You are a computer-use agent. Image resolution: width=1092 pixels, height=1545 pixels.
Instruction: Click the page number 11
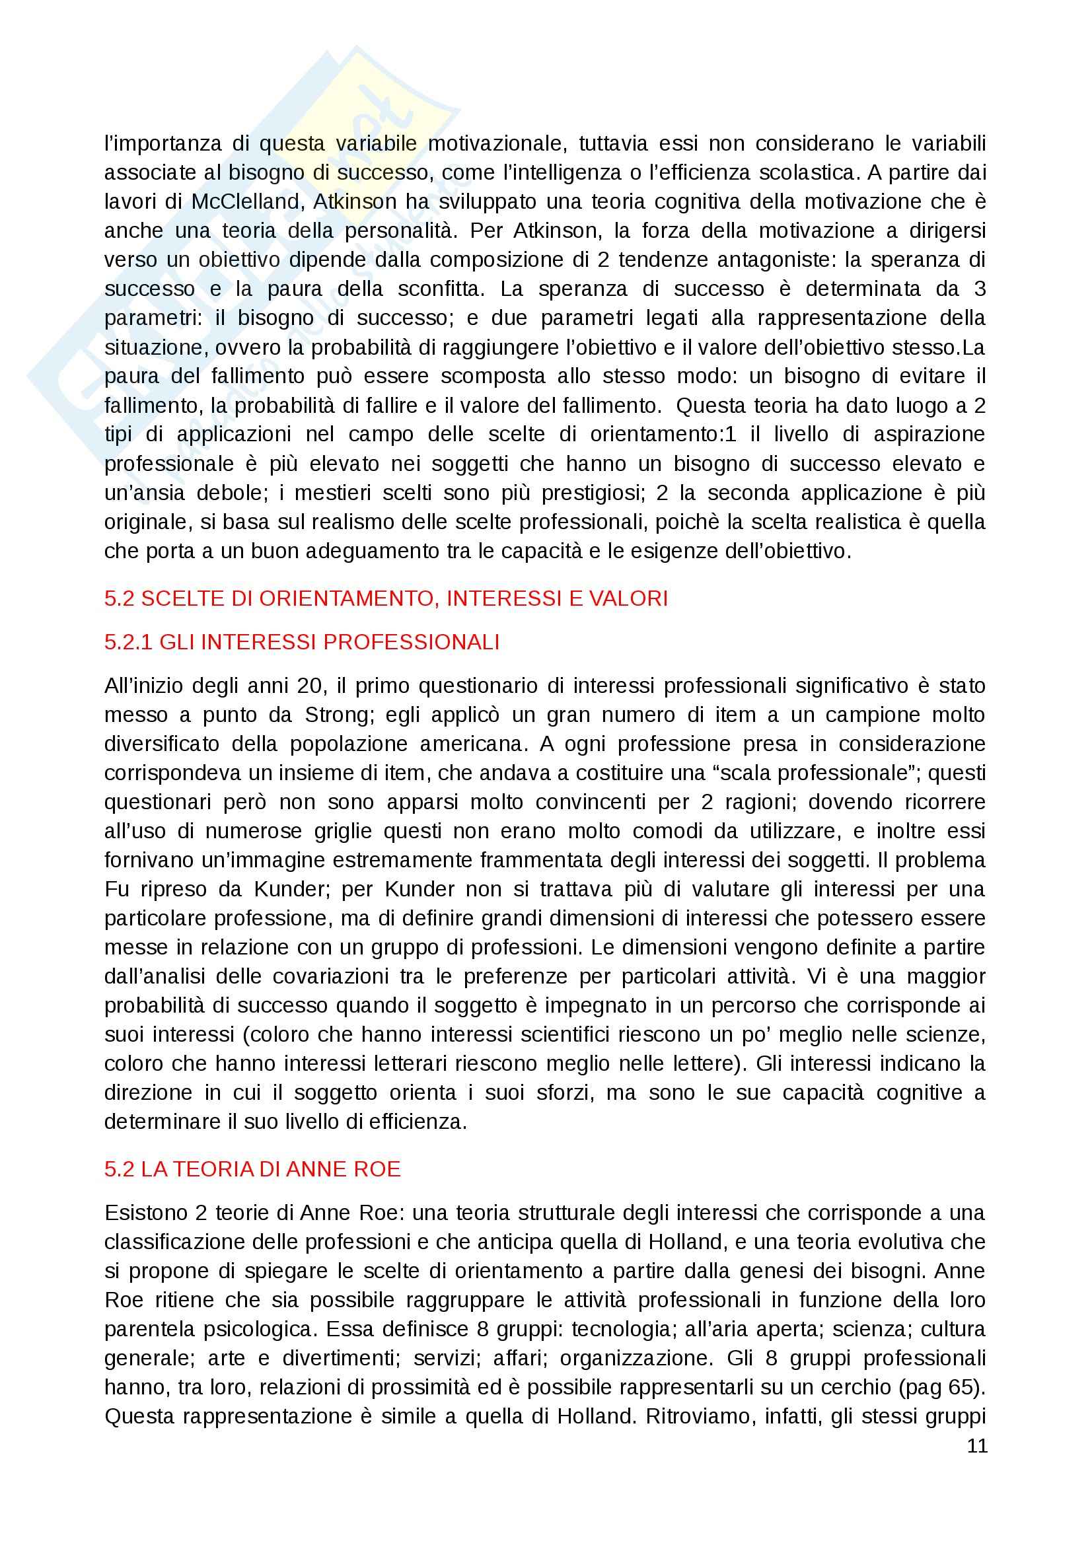977,1446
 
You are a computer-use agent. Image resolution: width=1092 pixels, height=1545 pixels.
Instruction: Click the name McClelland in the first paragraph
245,202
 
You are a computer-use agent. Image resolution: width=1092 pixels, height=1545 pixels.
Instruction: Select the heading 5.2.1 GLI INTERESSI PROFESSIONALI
301,642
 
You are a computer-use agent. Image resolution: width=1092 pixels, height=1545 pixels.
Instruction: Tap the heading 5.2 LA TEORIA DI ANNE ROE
252,1169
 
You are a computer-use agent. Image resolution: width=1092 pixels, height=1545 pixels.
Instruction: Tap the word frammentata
539,860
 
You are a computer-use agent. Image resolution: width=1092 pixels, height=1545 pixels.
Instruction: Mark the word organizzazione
636,1358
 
